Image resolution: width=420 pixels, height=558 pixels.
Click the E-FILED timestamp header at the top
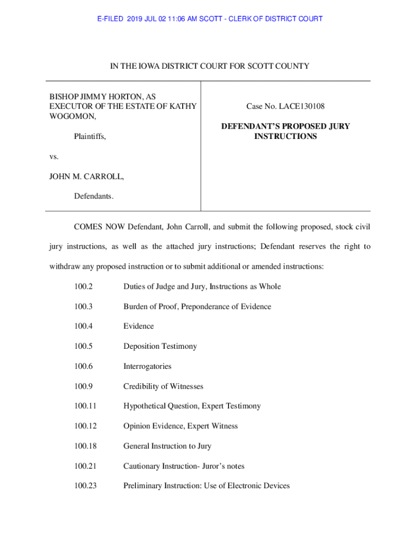coord(210,19)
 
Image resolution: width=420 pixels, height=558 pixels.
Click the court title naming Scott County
coord(210,66)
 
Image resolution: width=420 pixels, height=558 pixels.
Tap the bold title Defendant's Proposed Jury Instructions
coord(285,131)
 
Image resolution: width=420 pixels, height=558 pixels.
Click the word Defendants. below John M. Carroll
coord(94,196)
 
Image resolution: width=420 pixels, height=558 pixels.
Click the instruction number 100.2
coord(84,286)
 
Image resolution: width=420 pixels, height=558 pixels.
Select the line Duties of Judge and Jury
coord(202,286)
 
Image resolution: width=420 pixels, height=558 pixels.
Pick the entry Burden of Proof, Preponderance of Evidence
coord(197,306)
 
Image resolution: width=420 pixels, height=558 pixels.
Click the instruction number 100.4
coord(84,326)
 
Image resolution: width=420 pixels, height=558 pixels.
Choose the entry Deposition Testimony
coord(160,346)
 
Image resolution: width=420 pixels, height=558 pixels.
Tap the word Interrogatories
coord(147,366)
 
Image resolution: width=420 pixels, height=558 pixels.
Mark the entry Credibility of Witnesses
coord(163,386)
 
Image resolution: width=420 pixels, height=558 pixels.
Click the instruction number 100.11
coord(86,406)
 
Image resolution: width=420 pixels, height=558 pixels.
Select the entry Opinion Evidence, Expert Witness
coord(181,426)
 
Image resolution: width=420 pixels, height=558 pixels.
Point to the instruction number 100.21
coord(86,466)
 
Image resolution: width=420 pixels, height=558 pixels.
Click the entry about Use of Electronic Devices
coord(206,486)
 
